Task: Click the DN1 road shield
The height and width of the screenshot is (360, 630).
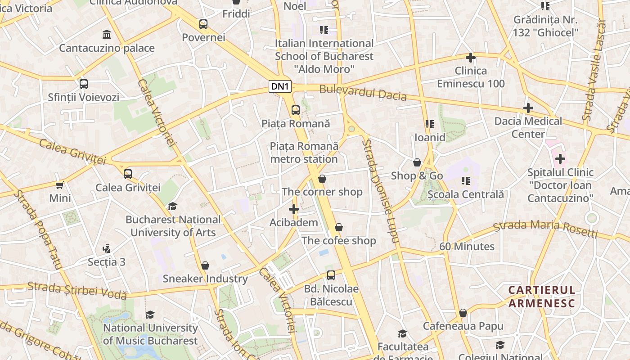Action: click(280, 86)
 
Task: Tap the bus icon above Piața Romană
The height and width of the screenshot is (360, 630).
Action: click(296, 110)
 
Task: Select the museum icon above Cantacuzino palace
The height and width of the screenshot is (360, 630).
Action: click(107, 34)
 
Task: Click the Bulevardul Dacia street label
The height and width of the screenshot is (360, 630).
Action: click(363, 93)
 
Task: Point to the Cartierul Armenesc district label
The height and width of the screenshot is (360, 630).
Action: click(542, 297)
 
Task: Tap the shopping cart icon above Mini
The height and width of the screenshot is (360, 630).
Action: click(60, 184)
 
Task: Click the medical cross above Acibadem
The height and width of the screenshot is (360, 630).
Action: click(294, 209)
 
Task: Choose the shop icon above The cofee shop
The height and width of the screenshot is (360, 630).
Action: click(339, 227)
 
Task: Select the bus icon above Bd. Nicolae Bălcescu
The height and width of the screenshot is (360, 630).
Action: click(331, 275)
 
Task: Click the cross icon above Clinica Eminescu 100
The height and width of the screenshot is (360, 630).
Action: click(471, 58)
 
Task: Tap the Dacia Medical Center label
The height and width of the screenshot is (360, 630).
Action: click(528, 127)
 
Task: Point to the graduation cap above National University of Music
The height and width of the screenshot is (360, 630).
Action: click(150, 315)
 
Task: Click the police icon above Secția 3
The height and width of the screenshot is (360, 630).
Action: click(106, 248)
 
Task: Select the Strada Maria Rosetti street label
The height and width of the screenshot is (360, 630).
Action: click(545, 227)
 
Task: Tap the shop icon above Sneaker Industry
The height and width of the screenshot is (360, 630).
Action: click(205, 265)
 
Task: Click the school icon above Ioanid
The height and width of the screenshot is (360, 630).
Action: click(429, 124)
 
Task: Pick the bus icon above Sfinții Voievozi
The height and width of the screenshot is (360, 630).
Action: click(84, 84)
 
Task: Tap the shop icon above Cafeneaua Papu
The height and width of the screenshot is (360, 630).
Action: click(463, 313)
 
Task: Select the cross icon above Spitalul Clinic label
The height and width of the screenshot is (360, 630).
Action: click(560, 159)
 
